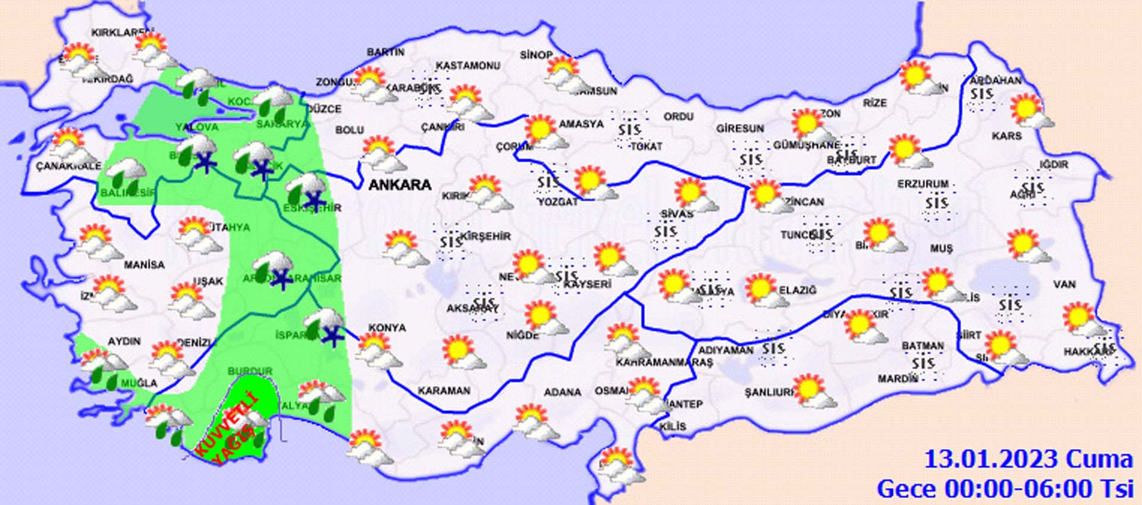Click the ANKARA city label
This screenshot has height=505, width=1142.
pyautogui.click(x=400, y=185)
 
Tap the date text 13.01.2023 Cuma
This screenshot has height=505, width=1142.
pyautogui.click(x=1028, y=460)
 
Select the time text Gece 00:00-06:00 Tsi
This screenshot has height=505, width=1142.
pyautogui.click(x=1005, y=489)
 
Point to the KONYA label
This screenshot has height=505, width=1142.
pyautogui.click(x=387, y=328)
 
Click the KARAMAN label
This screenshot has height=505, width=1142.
pyautogui.click(x=444, y=391)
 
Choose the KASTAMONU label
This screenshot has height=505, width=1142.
pyautogui.click(x=468, y=65)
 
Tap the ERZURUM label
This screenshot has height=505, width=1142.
pyautogui.click(x=923, y=184)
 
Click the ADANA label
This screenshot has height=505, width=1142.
pyautogui.click(x=562, y=392)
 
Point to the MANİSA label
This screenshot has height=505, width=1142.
pyautogui.click(x=144, y=264)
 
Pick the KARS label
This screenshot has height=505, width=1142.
pyautogui.click(x=1006, y=136)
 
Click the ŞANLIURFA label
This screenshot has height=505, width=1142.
pyautogui.click(x=770, y=393)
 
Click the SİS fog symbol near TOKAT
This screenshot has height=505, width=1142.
pyautogui.click(x=629, y=130)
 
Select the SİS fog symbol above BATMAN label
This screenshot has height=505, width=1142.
pyautogui.click(x=923, y=363)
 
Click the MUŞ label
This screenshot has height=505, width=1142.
pyautogui.click(x=941, y=248)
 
